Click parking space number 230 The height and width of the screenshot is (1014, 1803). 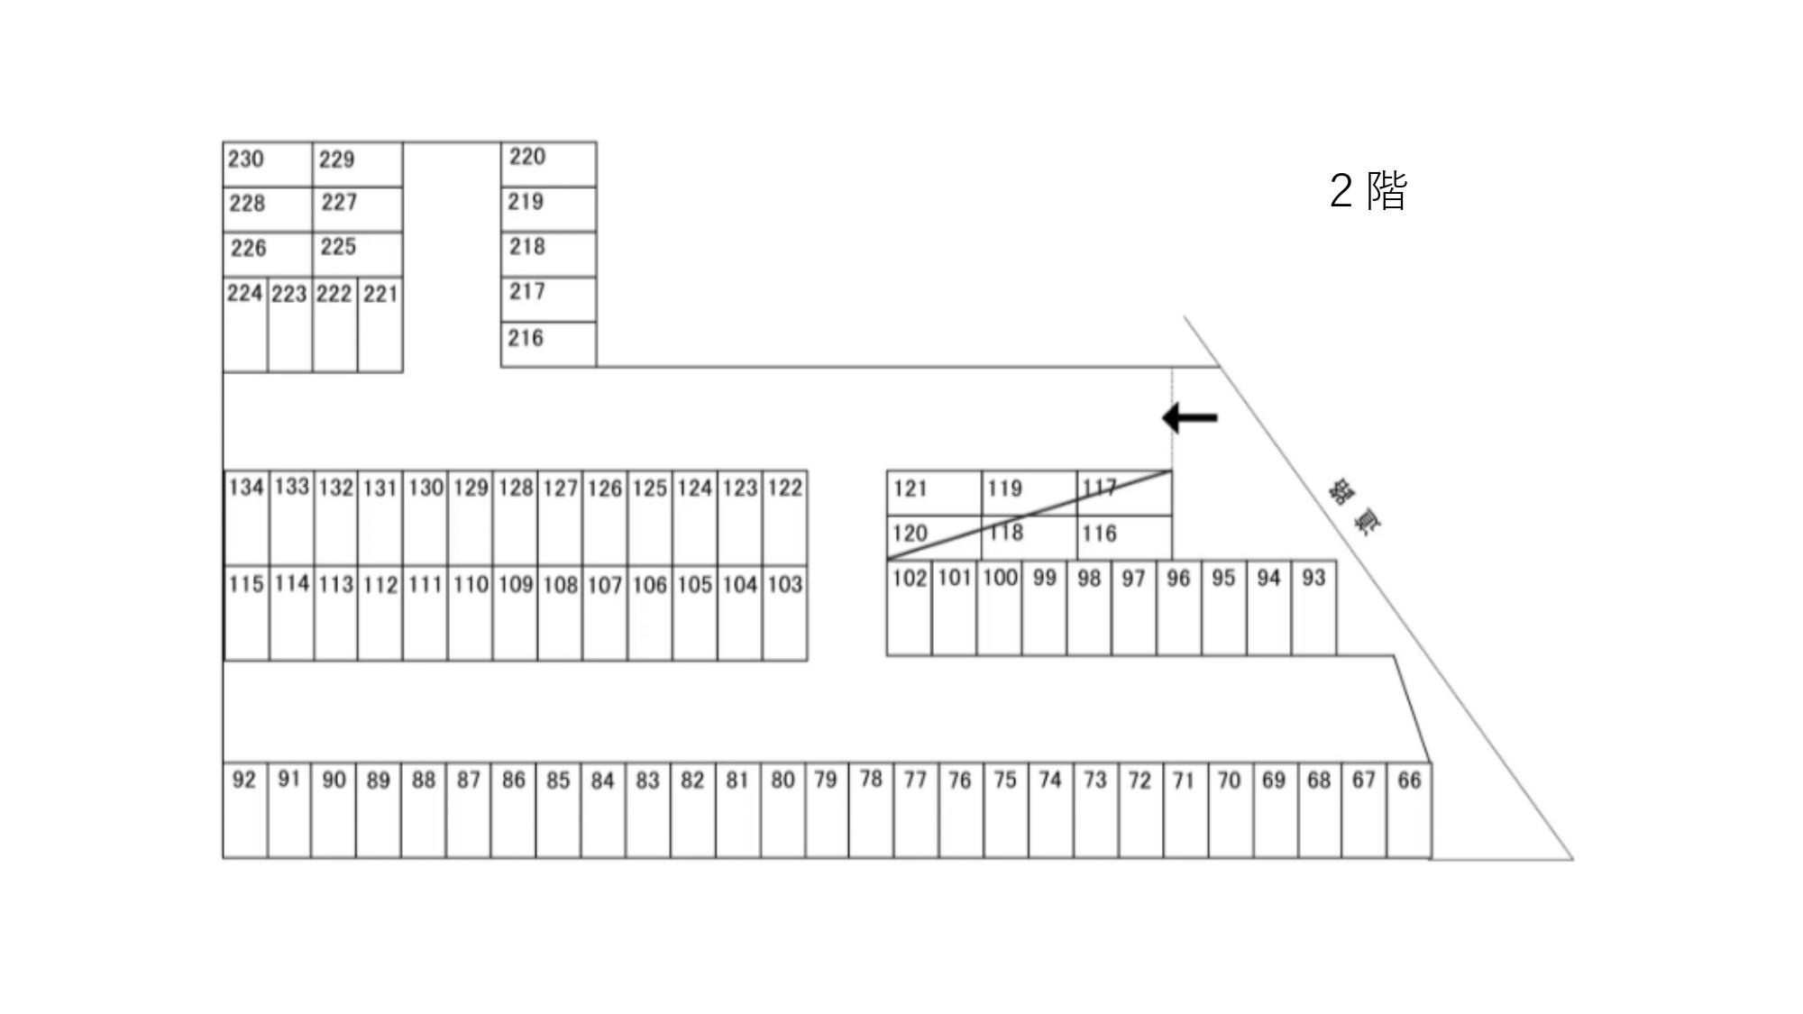[x=267, y=164]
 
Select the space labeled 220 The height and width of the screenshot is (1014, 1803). [x=548, y=164]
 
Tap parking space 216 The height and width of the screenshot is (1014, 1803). [x=548, y=344]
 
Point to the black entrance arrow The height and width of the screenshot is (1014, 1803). [x=1190, y=417]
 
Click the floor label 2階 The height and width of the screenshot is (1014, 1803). [x=1368, y=190]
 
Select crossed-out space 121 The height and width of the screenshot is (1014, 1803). [x=934, y=492]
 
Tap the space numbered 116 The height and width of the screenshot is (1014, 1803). [x=1124, y=536]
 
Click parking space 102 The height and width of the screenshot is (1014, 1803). [x=910, y=608]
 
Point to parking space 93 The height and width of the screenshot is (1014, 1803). [x=1314, y=608]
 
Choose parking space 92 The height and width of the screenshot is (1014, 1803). [x=244, y=810]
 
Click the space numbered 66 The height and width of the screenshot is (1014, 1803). [x=1409, y=810]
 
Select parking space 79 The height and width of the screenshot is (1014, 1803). [x=827, y=810]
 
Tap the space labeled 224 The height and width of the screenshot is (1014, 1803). [x=245, y=324]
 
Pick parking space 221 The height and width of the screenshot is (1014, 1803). [x=380, y=324]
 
